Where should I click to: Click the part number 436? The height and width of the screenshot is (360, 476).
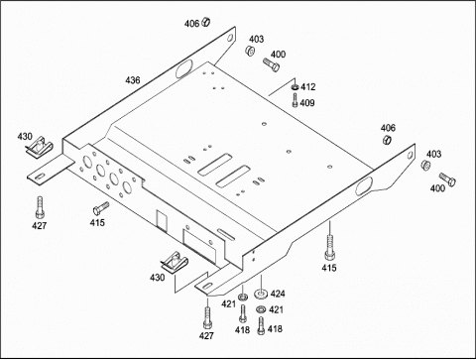(x=133, y=80)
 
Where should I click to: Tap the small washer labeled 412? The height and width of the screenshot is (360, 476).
(x=295, y=87)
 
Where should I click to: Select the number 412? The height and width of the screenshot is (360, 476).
(x=307, y=87)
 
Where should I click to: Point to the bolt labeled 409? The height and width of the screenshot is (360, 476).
(x=295, y=100)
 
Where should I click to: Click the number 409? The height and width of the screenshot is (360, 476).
(x=307, y=103)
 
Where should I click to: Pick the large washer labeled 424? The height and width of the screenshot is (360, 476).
(x=261, y=293)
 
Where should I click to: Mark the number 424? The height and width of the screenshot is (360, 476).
(x=278, y=294)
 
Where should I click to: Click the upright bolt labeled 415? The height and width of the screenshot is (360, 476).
(x=329, y=248)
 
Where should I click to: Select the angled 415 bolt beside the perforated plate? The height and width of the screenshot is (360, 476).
(x=101, y=208)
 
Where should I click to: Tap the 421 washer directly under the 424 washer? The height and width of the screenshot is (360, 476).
(x=261, y=309)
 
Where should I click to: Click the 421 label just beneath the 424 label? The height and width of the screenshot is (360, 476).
(x=276, y=309)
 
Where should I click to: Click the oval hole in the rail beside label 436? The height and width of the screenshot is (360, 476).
(x=182, y=69)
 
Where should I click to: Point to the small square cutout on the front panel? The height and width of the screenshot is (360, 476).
(x=161, y=220)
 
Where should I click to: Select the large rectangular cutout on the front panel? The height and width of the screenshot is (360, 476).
(x=199, y=246)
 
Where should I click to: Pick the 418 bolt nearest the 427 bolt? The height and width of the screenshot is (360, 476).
(x=243, y=313)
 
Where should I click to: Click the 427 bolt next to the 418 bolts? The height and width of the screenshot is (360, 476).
(x=207, y=317)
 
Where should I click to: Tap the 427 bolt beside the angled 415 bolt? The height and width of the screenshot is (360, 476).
(x=40, y=207)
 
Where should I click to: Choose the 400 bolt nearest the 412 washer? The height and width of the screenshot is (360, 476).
(x=271, y=64)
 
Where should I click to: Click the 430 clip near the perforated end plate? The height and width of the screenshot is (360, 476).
(x=40, y=146)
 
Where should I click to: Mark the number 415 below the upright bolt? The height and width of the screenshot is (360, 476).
(x=329, y=268)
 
